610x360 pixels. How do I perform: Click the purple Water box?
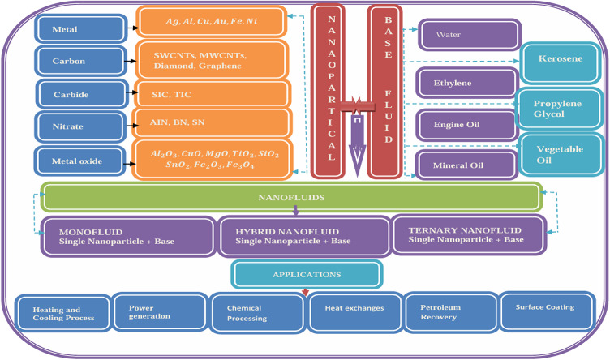[x=468, y=35]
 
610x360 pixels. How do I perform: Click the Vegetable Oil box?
[x=561, y=155]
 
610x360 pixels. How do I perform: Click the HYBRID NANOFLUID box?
[x=303, y=235]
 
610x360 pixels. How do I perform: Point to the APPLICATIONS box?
[x=306, y=274]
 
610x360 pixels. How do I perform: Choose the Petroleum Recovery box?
[x=449, y=313]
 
